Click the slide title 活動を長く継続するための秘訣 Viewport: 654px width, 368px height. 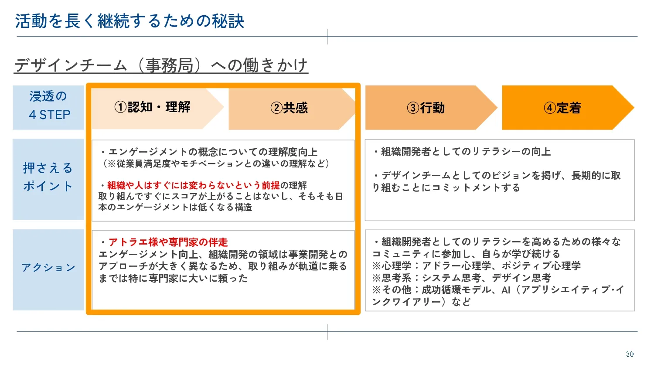tap(129, 21)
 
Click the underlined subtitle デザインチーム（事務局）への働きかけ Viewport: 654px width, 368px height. tap(161, 65)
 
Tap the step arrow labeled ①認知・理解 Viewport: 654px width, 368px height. tap(153, 107)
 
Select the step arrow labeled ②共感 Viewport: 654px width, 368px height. tap(289, 108)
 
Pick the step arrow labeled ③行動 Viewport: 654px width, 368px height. tap(426, 108)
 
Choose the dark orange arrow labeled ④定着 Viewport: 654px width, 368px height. tap(562, 108)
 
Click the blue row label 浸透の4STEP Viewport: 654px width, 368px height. tap(48, 106)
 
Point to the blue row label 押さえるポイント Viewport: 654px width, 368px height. tap(48, 177)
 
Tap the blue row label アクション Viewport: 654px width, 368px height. tap(48, 268)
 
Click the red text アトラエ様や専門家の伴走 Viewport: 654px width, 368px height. tap(168, 242)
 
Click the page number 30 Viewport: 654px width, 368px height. tap(630, 354)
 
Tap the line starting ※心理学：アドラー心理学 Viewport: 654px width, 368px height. tap(476, 266)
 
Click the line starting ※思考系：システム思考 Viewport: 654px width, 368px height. tap(462, 278)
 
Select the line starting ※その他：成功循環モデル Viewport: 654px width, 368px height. tap(497, 290)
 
